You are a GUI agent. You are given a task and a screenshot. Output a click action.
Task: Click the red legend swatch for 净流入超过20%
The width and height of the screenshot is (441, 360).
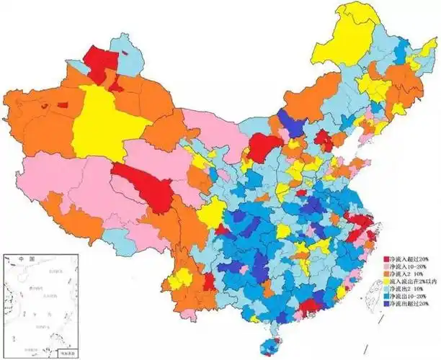point(387,258)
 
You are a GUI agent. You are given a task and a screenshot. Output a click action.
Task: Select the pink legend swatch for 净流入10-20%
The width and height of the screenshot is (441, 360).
point(387,266)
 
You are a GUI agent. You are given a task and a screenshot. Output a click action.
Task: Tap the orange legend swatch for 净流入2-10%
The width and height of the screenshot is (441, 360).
point(387,274)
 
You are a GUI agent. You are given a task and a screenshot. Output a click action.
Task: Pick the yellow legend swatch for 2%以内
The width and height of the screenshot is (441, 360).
point(387,282)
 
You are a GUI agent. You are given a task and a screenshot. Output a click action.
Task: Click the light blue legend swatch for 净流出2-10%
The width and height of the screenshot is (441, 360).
point(387,290)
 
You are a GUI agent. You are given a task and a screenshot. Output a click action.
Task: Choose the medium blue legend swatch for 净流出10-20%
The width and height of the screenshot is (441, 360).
point(387,298)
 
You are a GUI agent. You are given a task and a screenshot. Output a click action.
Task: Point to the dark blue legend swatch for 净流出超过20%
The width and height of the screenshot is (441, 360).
point(387,306)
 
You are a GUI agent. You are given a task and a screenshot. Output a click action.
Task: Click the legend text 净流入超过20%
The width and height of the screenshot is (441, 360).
point(411,258)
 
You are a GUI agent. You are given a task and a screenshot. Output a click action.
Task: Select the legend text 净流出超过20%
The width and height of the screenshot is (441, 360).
point(411,306)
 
